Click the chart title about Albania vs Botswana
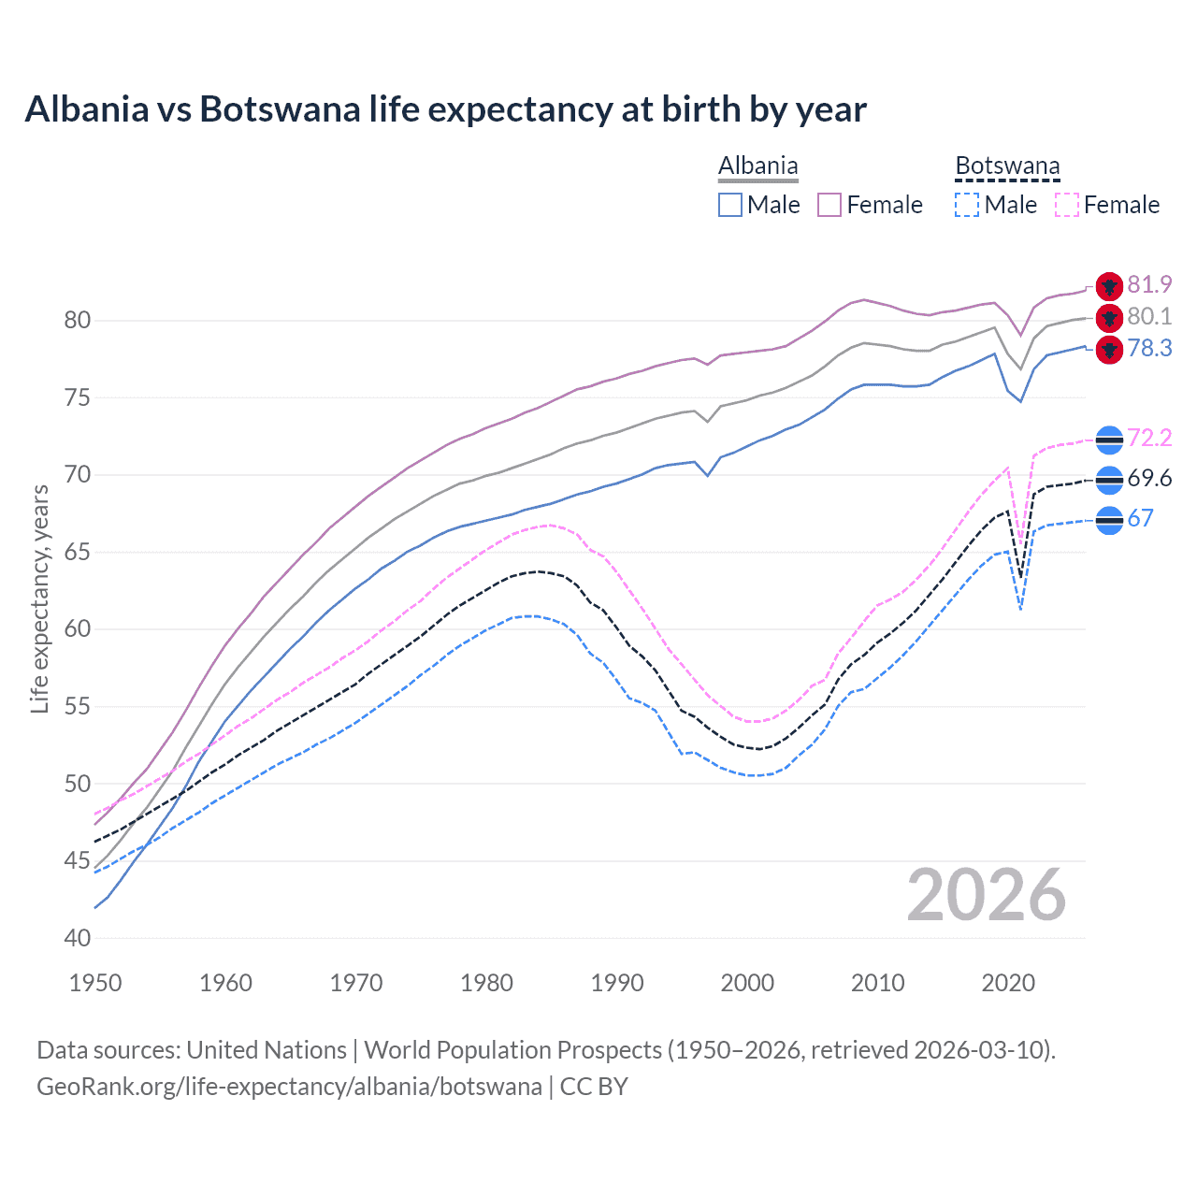[445, 109]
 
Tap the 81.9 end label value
[1149, 284]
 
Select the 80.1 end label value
[1149, 316]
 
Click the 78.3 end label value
[1149, 348]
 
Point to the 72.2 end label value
[1149, 438]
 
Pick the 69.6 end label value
[1149, 478]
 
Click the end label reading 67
[1140, 518]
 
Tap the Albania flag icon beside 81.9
[1109, 286]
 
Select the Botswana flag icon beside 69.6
[1109, 480]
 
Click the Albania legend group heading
[757, 166]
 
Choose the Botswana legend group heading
[1007, 166]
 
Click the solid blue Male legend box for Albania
[730, 205]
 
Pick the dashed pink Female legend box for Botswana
[1067, 205]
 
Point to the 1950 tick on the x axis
[95, 983]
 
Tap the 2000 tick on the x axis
[747, 983]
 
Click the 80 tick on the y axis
[78, 320]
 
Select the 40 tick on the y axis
[78, 938]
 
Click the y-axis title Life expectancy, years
[39, 598]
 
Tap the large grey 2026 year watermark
[986, 895]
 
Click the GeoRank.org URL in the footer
[289, 1087]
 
